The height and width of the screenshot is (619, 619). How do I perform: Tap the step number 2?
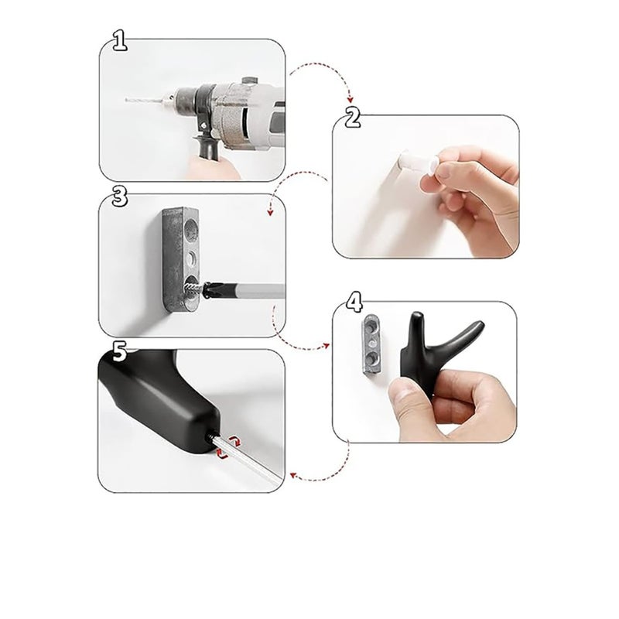coord(353,118)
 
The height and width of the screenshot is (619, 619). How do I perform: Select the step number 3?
coord(118,196)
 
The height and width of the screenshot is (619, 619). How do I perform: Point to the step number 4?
coord(354,301)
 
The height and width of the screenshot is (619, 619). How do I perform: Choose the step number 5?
coord(118,353)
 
